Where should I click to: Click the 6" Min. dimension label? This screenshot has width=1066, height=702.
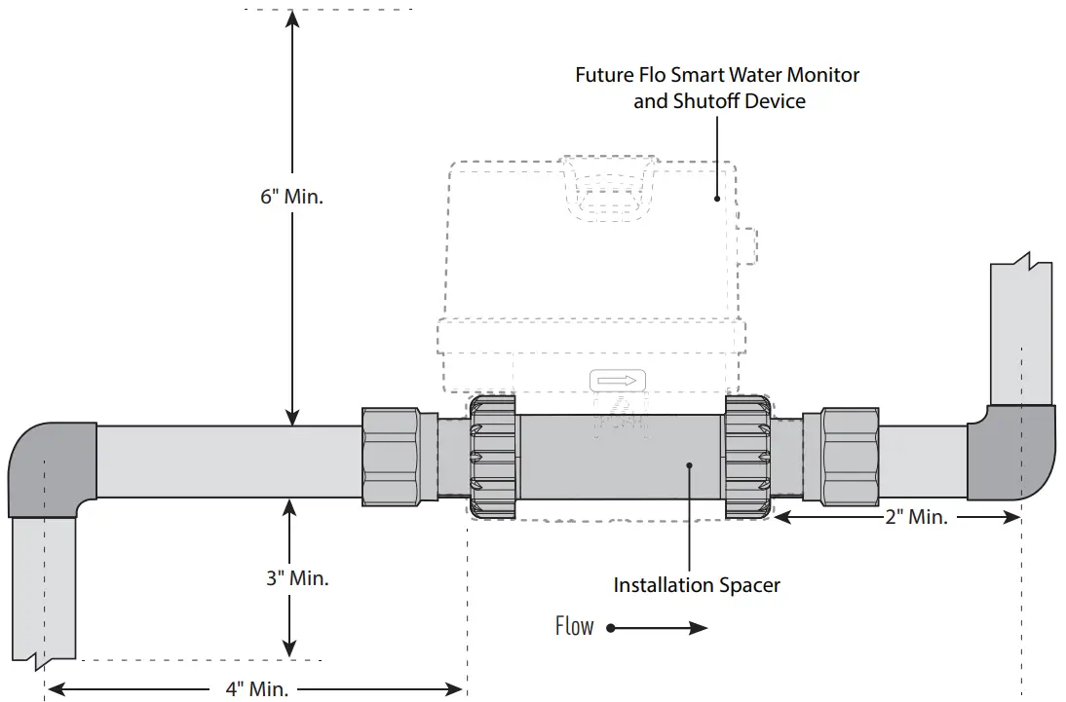point(291,196)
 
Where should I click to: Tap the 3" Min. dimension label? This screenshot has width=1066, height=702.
point(297,577)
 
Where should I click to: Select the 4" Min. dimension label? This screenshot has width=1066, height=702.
point(256,689)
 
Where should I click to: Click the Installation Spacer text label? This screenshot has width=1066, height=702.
point(696,585)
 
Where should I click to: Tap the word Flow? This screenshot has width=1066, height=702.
point(574,626)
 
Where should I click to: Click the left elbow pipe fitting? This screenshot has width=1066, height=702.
point(51,468)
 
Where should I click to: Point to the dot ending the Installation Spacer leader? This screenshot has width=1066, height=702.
point(690,465)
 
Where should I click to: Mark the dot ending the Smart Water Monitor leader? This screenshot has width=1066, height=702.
point(717,198)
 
